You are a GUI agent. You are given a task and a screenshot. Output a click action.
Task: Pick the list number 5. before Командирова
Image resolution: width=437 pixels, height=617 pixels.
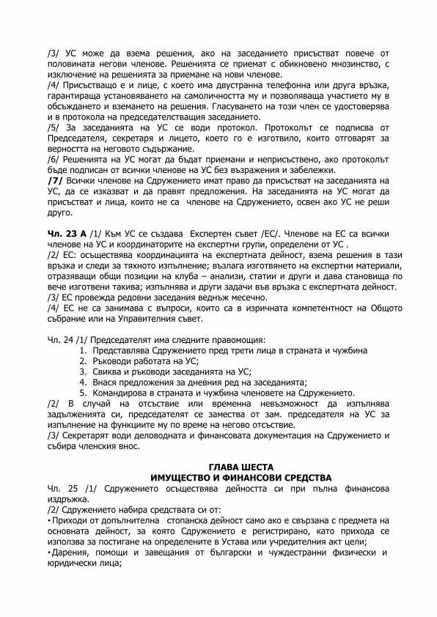82,392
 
